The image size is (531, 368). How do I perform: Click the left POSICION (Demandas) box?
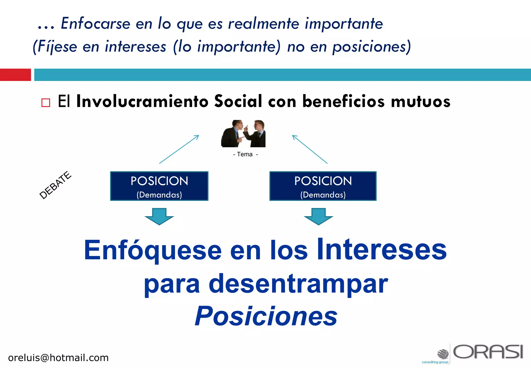[x=159, y=186]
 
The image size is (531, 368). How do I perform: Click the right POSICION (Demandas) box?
[x=323, y=186]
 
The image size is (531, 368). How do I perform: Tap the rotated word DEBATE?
[x=55, y=185]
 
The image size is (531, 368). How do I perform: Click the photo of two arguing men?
[x=243, y=134]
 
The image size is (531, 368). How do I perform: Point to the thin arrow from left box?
[x=179, y=149]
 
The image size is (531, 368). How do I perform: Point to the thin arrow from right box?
[x=310, y=149]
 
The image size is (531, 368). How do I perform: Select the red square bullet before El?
[x=46, y=103]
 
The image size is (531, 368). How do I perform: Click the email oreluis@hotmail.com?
[x=58, y=358]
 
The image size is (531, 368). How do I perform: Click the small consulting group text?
[x=435, y=362]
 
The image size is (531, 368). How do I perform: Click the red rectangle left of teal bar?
[x=15, y=75]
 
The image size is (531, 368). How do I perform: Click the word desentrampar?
[x=298, y=284]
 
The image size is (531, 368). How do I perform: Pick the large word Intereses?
[x=382, y=250]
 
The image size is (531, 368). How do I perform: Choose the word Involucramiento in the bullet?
[x=142, y=101]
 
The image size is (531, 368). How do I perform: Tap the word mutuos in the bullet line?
[x=421, y=101]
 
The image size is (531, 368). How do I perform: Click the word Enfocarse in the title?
[x=95, y=24]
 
